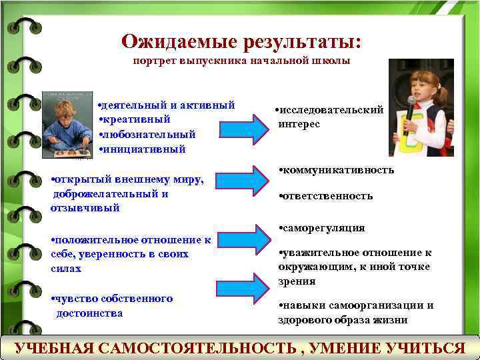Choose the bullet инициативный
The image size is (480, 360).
143,149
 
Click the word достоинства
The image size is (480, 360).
89,313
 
